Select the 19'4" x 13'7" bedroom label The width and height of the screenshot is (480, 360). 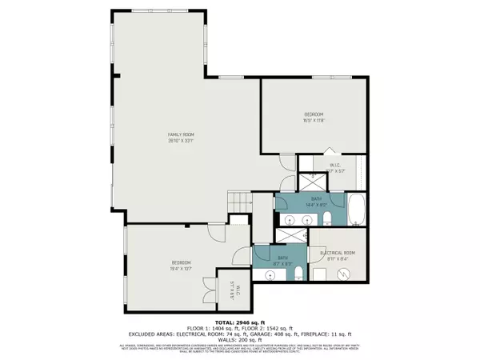click(x=181, y=266)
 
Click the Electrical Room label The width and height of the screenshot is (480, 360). click(x=337, y=253)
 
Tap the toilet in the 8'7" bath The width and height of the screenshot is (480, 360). click(x=298, y=275)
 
